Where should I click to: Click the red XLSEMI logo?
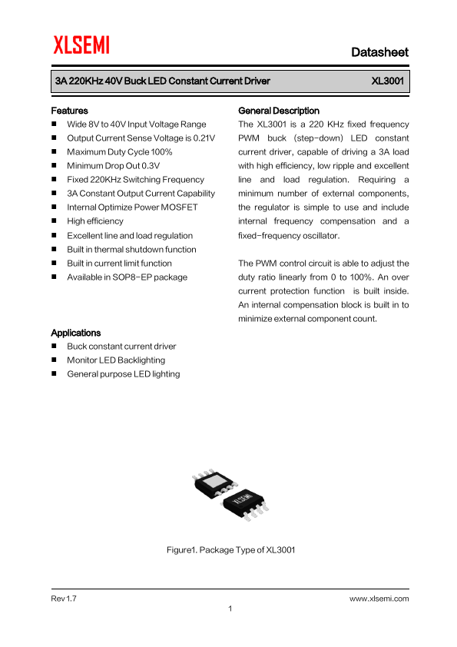click(x=81, y=46)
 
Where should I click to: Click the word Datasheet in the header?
click(x=379, y=52)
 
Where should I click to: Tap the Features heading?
click(x=69, y=111)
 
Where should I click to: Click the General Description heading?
click(x=279, y=111)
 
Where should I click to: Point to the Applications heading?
click(x=75, y=333)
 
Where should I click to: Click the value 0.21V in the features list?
click(x=204, y=138)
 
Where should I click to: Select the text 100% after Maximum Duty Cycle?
click(x=161, y=152)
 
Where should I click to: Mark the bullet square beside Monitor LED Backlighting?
click(x=55, y=360)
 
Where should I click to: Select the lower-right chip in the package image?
click(x=245, y=504)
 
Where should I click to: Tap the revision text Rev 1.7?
click(x=64, y=598)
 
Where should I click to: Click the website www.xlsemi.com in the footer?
click(x=379, y=598)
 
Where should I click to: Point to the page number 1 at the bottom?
click(x=230, y=609)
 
